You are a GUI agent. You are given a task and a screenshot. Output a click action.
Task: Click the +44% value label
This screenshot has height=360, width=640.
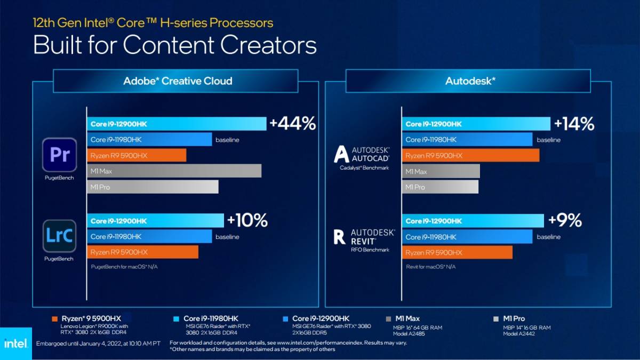pyautogui.click(x=292, y=124)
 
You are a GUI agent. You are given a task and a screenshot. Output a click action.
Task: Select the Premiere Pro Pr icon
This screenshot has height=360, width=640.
pyautogui.click(x=59, y=155)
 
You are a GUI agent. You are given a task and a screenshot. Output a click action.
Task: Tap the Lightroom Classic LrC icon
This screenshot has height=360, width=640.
pyautogui.click(x=59, y=236)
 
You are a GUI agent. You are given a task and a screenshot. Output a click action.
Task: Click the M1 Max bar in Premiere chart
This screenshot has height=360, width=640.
pyautogui.click(x=174, y=171)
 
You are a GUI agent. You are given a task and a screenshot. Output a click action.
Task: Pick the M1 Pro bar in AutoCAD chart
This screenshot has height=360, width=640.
pyautogui.click(x=440, y=187)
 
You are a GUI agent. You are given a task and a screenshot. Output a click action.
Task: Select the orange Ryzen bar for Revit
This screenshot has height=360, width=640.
pyautogui.click(x=457, y=253)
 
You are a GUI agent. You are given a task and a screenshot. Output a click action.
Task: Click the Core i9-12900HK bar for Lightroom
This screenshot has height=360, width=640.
pyautogui.click(x=155, y=221)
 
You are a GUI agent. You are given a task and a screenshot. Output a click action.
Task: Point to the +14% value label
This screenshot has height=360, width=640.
pyautogui.click(x=574, y=124)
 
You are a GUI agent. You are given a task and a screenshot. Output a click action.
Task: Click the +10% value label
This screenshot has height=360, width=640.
pyautogui.click(x=247, y=220)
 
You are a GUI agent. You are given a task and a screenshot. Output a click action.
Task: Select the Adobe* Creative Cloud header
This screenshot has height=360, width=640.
pyautogui.click(x=178, y=81)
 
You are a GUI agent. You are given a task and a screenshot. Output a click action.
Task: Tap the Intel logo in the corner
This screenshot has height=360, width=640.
pyautogui.click(x=15, y=343)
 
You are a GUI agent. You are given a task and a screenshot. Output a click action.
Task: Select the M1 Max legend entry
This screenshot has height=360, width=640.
pyautogui.click(x=407, y=318)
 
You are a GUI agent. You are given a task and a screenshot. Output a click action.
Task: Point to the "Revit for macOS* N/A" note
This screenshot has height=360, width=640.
pyautogui.click(x=431, y=267)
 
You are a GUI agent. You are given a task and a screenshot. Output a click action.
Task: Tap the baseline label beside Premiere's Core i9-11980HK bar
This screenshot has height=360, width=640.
pyautogui.click(x=227, y=140)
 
